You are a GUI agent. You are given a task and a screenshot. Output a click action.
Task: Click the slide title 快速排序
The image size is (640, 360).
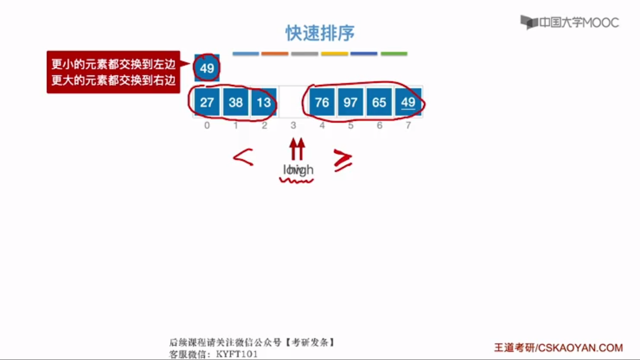[x=320, y=33]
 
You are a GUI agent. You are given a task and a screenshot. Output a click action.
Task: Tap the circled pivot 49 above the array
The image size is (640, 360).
[x=207, y=68]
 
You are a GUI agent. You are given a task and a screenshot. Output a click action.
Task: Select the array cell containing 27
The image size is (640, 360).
[x=207, y=102]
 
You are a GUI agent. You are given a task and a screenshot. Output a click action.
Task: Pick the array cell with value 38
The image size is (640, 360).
[x=235, y=102]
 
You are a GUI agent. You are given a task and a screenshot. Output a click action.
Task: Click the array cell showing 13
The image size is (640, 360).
[x=264, y=102]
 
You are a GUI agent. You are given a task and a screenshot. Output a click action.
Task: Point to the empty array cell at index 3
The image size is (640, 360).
[x=293, y=102]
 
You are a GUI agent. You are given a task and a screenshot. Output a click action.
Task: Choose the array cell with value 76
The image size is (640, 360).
[x=322, y=102]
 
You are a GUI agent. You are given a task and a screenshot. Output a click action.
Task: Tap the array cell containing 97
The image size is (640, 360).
[x=350, y=102]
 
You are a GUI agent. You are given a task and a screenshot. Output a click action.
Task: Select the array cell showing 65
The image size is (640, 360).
[x=379, y=102]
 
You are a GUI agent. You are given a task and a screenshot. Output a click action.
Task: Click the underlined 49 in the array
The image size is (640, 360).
[x=408, y=102]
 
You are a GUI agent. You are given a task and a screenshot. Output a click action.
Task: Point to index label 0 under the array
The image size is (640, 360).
[x=207, y=125]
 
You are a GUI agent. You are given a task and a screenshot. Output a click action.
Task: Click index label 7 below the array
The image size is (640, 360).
[x=408, y=125]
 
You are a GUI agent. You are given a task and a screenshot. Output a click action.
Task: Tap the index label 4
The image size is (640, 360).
[x=322, y=125]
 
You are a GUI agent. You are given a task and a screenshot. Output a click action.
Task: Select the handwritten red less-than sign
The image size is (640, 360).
[x=243, y=157]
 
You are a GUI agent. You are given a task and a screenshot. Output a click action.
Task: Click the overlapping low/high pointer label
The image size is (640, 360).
[x=298, y=170]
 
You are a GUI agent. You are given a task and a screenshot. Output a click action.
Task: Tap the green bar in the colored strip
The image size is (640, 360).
[x=394, y=54]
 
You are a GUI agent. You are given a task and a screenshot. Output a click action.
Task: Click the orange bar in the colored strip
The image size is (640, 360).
[x=275, y=54]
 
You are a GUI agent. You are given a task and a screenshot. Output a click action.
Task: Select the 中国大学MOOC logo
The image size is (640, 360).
[x=570, y=22]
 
